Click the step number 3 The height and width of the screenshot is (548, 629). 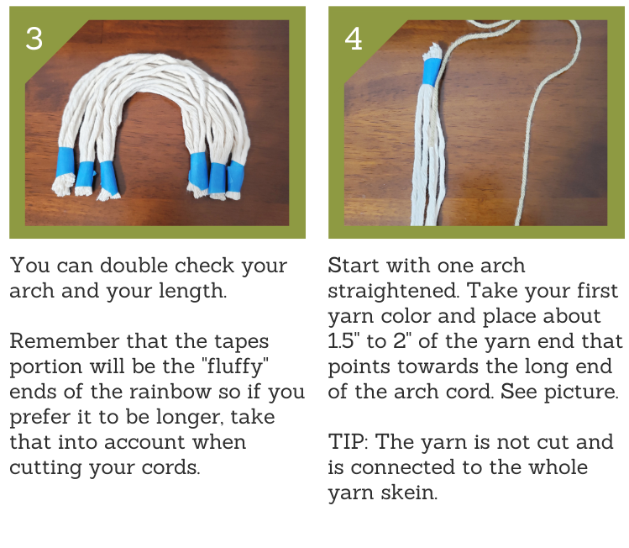(34, 39)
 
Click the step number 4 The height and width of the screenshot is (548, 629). (354, 39)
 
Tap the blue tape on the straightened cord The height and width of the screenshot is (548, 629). (432, 71)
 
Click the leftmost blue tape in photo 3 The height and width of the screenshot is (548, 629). (65, 161)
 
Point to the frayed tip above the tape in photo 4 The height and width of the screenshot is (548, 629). (432, 51)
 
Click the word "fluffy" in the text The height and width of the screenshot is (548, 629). (235, 366)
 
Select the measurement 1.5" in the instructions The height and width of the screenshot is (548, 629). (341, 341)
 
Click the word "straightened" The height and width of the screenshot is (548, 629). (394, 292)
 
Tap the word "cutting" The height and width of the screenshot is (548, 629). (45, 468)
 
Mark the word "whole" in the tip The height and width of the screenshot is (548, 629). (558, 467)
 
